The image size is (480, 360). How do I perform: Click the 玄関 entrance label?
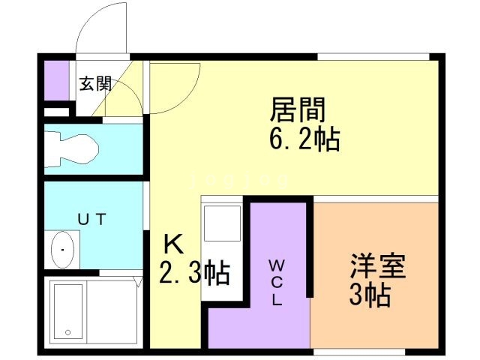pyautogui.click(x=95, y=83)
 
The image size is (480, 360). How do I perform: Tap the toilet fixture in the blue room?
pyautogui.click(x=70, y=148)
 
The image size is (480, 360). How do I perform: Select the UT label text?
pyautogui.click(x=93, y=219)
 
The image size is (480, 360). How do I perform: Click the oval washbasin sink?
pyautogui.click(x=64, y=250)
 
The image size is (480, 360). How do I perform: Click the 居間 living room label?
pyautogui.click(x=298, y=111)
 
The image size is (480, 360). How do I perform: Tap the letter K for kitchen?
pyautogui.click(x=173, y=244)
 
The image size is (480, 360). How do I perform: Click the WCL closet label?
pyautogui.click(x=276, y=282)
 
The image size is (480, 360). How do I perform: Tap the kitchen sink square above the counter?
pyautogui.click(x=223, y=223)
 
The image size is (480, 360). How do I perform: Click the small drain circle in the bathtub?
pyautogui.click(x=68, y=331)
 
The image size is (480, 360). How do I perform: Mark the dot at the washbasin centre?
pyautogui.click(x=64, y=250)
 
